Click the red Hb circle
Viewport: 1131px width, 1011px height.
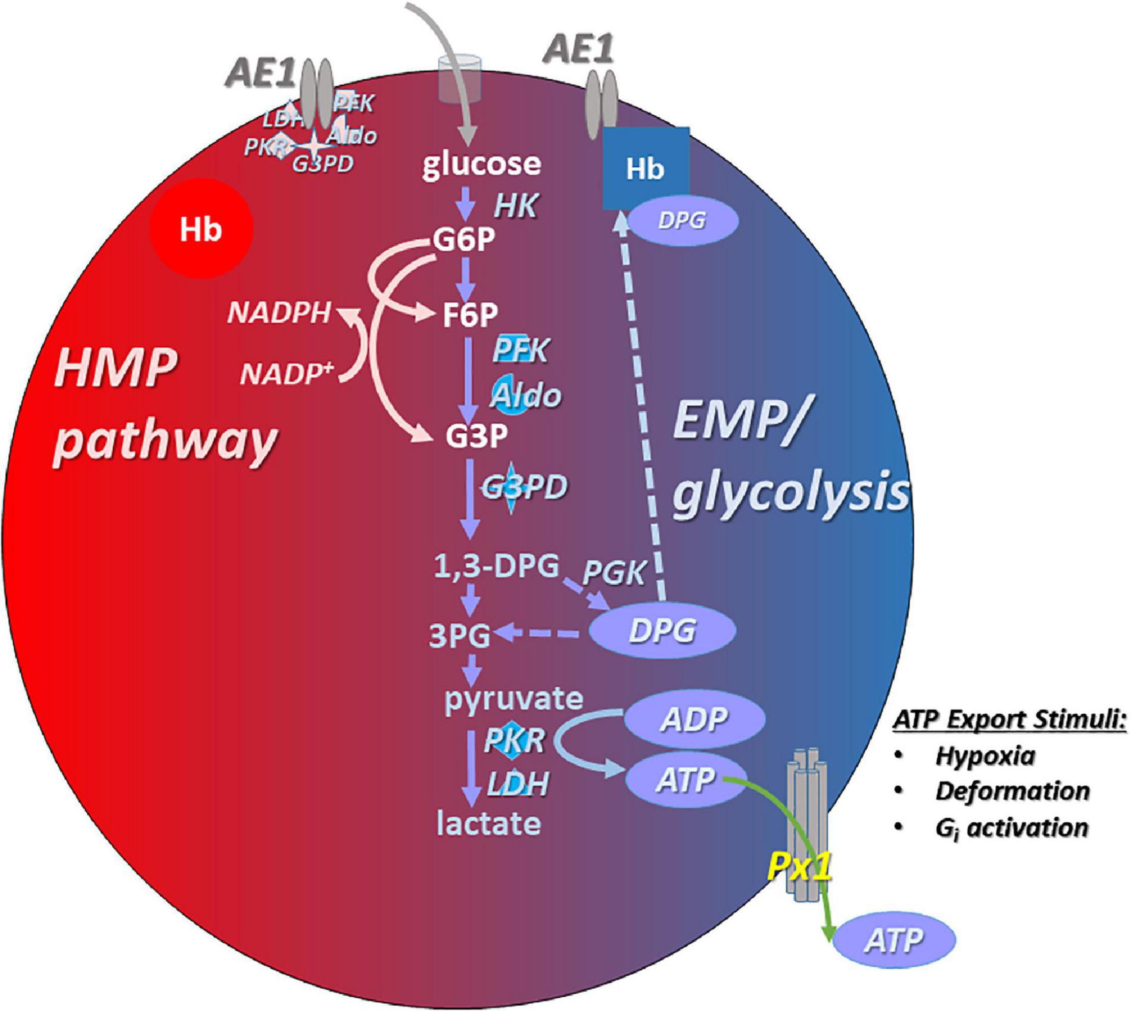point(201,228)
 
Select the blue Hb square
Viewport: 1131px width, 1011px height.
point(646,168)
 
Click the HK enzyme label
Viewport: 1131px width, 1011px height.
point(515,206)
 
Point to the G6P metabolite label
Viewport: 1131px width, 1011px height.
point(464,240)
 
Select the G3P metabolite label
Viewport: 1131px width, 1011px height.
point(476,436)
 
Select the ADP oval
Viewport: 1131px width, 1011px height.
point(694,719)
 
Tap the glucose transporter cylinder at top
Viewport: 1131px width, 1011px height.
point(455,81)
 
